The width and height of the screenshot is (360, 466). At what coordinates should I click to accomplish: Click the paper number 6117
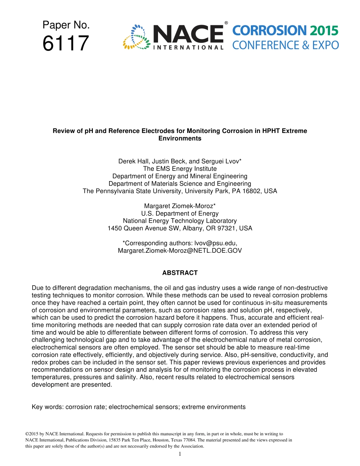coord(66,44)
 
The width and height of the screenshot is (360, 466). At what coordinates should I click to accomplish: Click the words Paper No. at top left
coord(66,25)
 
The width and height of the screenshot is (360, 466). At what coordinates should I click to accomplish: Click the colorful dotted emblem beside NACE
coord(135,37)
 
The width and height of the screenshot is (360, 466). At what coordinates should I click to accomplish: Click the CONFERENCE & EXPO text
coord(285,45)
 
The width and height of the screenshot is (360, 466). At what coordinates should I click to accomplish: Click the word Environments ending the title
coord(180,139)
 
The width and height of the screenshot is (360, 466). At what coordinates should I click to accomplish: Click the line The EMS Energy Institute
coord(180,169)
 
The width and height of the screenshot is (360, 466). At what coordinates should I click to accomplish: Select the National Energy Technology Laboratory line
coord(180,221)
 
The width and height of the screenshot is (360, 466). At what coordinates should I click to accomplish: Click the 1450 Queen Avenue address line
coord(180,228)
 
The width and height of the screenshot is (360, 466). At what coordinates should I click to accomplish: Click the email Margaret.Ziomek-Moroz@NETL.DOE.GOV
coord(180,251)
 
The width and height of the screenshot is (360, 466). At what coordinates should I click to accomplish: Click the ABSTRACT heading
coord(180,273)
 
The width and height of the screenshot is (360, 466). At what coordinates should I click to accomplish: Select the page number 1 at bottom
coord(180,454)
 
